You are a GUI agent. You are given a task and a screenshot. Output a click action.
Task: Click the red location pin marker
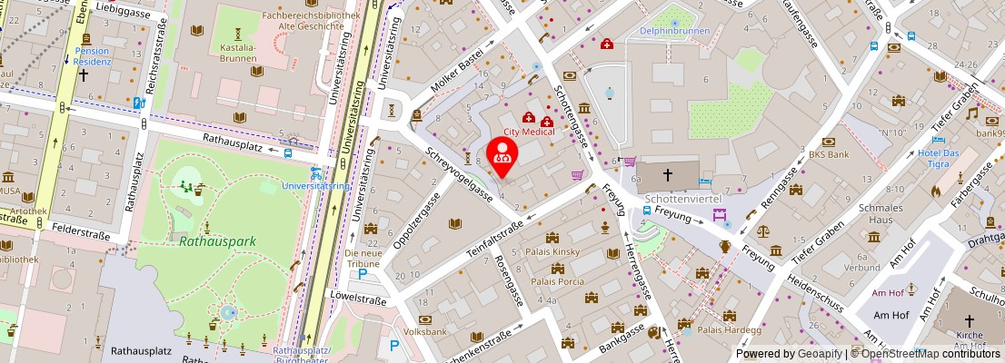[501, 154]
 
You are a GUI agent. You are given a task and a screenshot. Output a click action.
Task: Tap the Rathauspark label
[217, 241]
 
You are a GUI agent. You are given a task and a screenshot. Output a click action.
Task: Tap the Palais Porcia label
[556, 280]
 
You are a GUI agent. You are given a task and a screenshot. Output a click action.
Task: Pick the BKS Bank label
[829, 154]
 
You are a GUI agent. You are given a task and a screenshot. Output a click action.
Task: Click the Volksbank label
[425, 332]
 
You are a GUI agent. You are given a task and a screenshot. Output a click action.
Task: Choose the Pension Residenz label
[93, 56]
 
